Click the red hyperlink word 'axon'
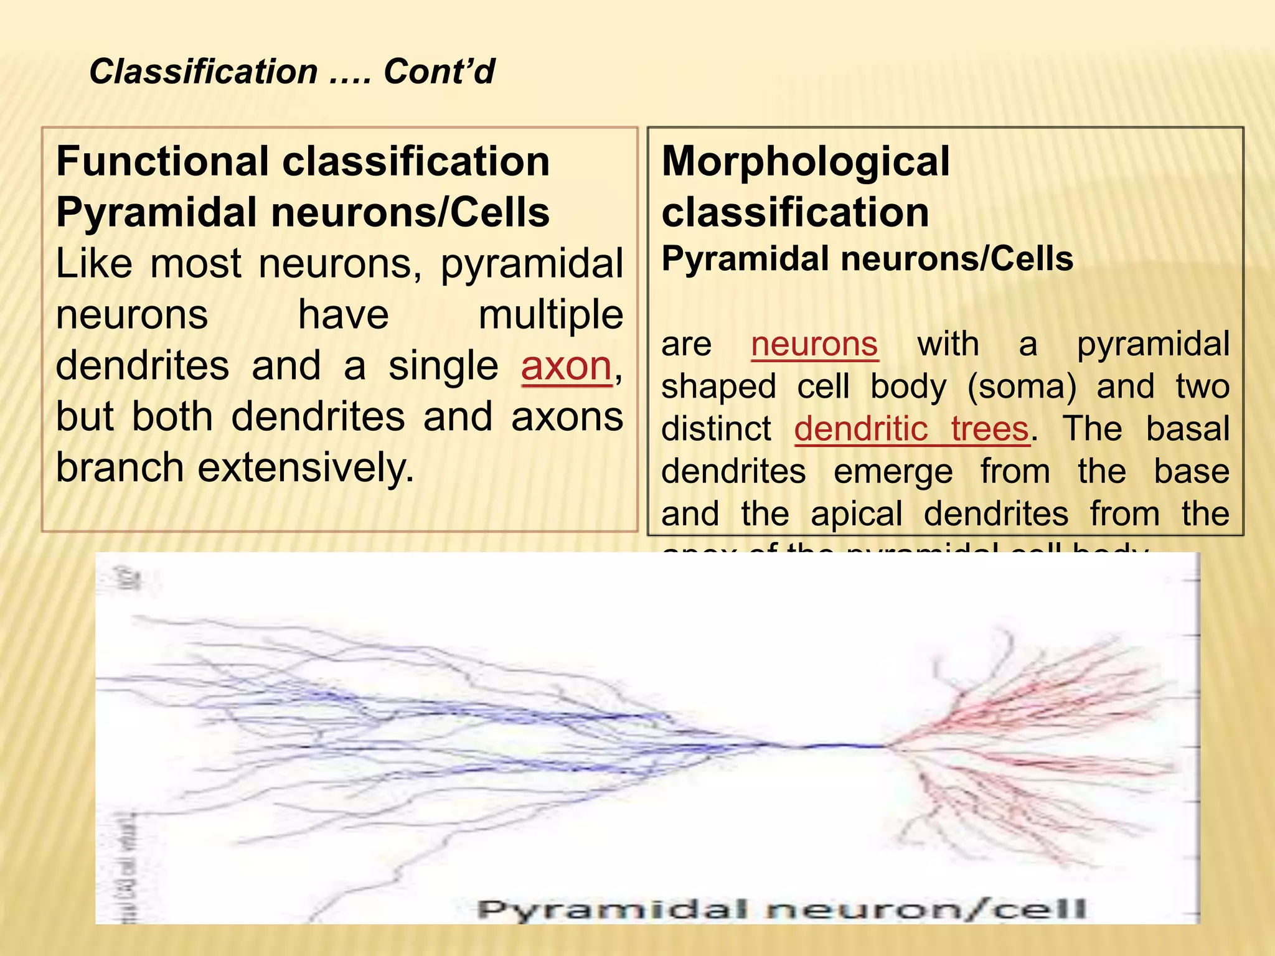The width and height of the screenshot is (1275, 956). (566, 366)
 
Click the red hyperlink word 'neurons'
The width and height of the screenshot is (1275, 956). (814, 344)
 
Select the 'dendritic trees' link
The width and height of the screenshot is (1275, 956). (911, 429)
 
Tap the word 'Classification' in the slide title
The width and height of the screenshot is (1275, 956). (204, 72)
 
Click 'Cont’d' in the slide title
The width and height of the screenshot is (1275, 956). (439, 72)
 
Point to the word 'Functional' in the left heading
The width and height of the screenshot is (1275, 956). (162, 162)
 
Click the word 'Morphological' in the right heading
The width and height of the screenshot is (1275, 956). (805, 162)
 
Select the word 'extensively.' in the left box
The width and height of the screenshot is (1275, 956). (306, 468)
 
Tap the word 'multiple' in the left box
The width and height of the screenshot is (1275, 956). (550, 315)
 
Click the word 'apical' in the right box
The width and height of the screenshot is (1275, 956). (856, 514)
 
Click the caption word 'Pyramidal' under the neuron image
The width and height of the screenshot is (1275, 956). (612, 909)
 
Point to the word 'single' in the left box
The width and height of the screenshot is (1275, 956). (443, 366)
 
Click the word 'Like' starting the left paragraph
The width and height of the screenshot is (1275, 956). (93, 264)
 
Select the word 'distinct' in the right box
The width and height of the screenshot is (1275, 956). (716, 429)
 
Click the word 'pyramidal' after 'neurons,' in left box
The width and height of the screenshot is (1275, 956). (532, 264)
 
